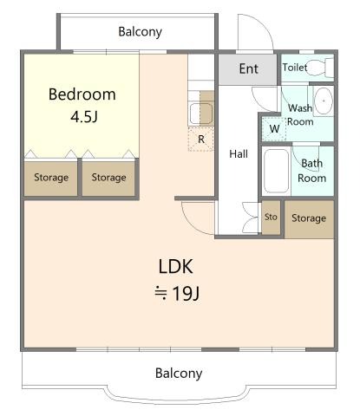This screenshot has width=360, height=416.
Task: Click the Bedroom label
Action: [x=82, y=94]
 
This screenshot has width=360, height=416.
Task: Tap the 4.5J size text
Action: [x=84, y=117]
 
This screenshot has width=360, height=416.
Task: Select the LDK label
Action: [x=175, y=267]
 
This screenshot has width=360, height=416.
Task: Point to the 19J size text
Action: [x=177, y=294]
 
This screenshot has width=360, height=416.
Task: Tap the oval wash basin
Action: [x=324, y=101]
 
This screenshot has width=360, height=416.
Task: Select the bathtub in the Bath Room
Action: [x=277, y=171]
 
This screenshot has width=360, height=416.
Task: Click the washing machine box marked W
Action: [x=274, y=128]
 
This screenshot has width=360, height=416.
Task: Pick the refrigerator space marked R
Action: [x=201, y=140]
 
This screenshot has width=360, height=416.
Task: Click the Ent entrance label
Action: [x=249, y=68]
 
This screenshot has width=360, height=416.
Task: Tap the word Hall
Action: [x=239, y=153]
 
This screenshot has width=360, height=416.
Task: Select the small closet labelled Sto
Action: [x=271, y=218]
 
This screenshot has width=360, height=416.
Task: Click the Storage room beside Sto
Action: [x=309, y=219]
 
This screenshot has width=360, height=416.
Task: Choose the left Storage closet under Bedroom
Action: [x=51, y=179]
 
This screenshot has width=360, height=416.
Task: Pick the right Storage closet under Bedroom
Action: [x=108, y=179]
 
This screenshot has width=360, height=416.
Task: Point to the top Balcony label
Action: [x=140, y=32]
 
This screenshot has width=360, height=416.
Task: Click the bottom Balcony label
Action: [x=179, y=373]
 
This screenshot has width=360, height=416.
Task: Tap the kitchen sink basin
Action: [x=200, y=114]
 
